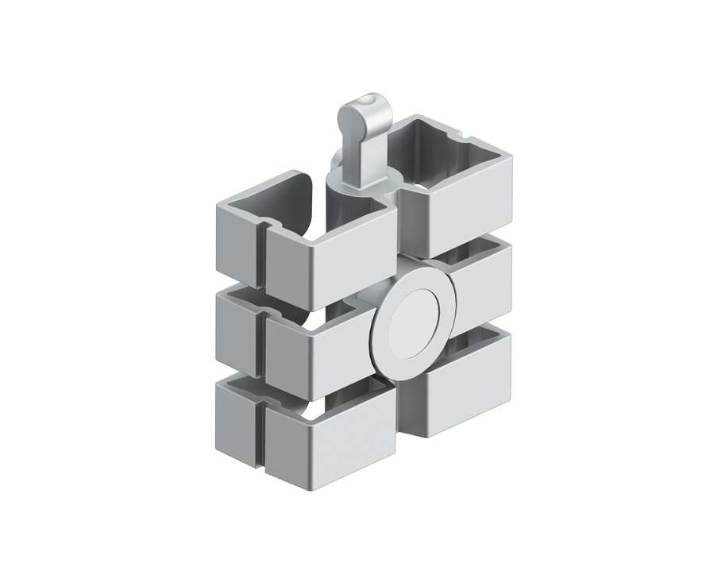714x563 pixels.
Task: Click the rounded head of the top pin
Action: [358, 110]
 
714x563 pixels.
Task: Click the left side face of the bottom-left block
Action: [234, 413]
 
